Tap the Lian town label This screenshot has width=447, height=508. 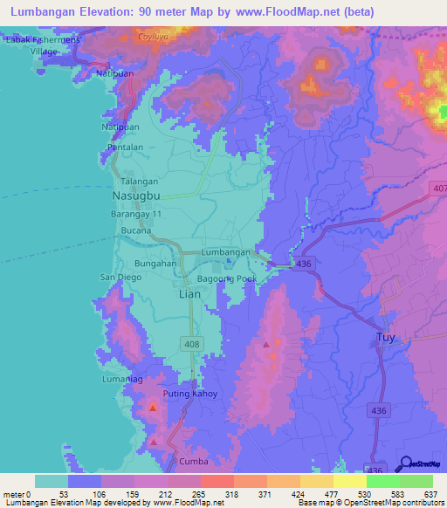pos(189,294)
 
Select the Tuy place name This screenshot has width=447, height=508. pos(385,337)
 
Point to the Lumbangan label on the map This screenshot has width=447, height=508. pos(226,251)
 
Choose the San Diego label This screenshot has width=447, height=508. pos(120,278)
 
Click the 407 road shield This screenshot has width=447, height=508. pos(438,188)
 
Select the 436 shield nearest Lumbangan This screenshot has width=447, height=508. pos(303,263)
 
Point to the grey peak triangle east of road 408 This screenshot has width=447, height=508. pos(266,345)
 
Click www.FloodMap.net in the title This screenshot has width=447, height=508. pos(280,11)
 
